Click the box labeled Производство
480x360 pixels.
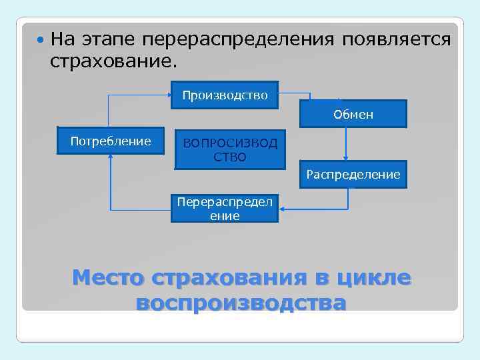pos(225,95)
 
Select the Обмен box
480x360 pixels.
pos(353,114)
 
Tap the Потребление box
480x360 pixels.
pos(111,141)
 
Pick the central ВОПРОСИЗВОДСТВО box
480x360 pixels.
pos(229,150)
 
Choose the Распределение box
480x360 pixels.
pos(353,175)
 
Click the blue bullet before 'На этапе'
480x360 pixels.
pos(42,39)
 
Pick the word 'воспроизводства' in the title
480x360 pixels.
pos(241,303)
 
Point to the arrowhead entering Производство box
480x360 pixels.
pos(168,95)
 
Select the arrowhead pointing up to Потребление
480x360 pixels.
pos(110,159)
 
